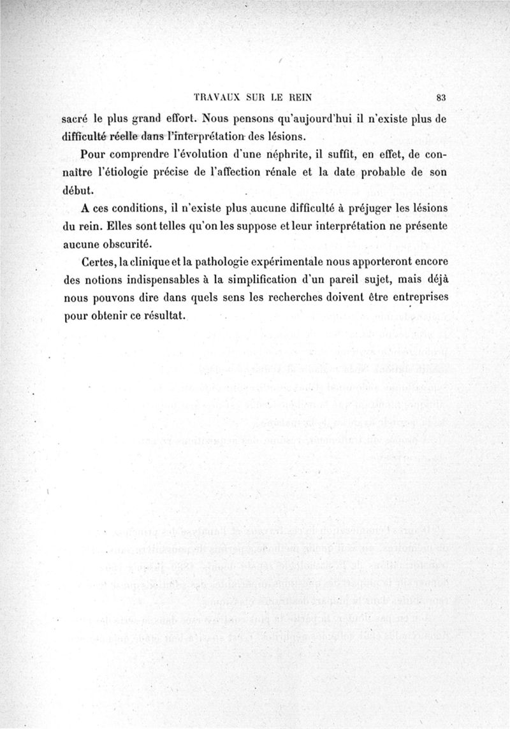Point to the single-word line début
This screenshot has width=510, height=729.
pyautogui.click(x=78, y=190)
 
